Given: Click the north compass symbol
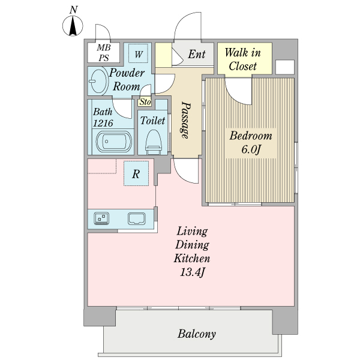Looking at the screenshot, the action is (x=73, y=25).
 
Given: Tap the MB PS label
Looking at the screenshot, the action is (x=104, y=53).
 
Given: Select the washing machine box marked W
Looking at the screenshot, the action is (x=138, y=53).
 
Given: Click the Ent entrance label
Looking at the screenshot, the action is (x=197, y=54).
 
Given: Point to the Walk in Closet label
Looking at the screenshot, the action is (x=242, y=59).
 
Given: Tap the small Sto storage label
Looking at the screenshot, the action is (x=145, y=102).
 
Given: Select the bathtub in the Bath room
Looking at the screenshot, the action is (x=114, y=142).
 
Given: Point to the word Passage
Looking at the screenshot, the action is (x=185, y=121).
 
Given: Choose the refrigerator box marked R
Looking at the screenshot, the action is (x=136, y=173).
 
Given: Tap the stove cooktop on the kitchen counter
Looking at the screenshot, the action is (x=101, y=218).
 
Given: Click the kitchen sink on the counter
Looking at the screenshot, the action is (x=137, y=218).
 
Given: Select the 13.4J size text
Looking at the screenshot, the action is (x=192, y=272).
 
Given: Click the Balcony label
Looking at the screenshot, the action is (x=197, y=334).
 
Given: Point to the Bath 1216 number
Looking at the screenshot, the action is (x=103, y=123).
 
